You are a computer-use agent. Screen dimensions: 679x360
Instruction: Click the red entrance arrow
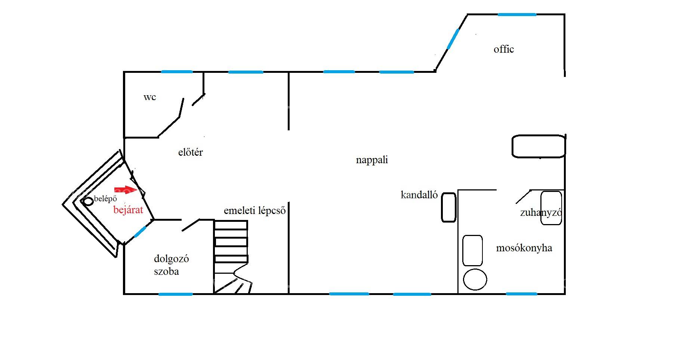[126, 190]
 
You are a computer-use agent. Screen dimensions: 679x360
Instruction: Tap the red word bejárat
[128, 210]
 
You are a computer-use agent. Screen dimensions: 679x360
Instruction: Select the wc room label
[149, 97]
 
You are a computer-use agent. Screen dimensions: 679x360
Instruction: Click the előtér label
[190, 152]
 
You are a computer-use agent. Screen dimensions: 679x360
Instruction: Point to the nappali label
[372, 160]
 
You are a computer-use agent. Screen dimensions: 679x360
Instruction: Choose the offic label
[504, 49]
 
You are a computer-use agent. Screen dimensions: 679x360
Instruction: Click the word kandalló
[419, 195]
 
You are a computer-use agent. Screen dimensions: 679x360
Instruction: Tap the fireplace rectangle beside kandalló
[449, 207]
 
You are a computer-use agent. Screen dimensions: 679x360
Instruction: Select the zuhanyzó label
[541, 212]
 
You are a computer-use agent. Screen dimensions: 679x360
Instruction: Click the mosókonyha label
[524, 248]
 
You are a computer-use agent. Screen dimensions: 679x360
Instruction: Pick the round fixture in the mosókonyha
[475, 279]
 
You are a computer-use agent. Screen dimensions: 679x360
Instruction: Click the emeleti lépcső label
[255, 211]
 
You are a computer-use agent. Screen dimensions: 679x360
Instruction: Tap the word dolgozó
[171, 259]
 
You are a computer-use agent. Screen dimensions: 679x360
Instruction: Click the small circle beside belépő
[88, 202]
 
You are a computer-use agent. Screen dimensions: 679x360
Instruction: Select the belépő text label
[105, 199]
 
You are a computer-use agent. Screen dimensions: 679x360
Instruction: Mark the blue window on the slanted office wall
[453, 39]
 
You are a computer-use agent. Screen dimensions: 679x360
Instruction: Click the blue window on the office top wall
[517, 15]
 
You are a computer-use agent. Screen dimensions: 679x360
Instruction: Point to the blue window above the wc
[177, 72]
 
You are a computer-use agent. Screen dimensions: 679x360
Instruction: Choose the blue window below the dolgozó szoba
[176, 294]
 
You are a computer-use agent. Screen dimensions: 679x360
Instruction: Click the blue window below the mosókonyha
[521, 294]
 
